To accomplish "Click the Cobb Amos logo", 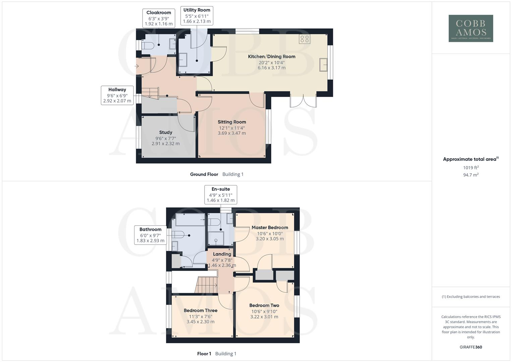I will coord(470,28).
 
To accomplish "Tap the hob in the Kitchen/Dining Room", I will coord(304,39).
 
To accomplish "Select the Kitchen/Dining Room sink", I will coord(324,65).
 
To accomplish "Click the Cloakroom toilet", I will coord(148,46).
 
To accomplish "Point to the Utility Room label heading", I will coord(196,10).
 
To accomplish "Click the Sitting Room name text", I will coord(232,122).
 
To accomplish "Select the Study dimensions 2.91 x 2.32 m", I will coord(165,143).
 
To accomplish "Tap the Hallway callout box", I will coord(117,95).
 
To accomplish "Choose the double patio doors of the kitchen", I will coord(303,101).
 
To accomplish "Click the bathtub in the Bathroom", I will coord(190,220).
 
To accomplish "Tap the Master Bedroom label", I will coord(270,228).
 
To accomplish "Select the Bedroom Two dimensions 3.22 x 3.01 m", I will coord(264,317).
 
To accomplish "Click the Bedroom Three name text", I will coord(201,310).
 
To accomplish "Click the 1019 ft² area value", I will coord(471,168).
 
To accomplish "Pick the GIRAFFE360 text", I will coord(471,347).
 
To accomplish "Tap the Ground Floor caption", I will coord(204,174).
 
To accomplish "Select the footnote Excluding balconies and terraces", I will coord(471,297).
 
